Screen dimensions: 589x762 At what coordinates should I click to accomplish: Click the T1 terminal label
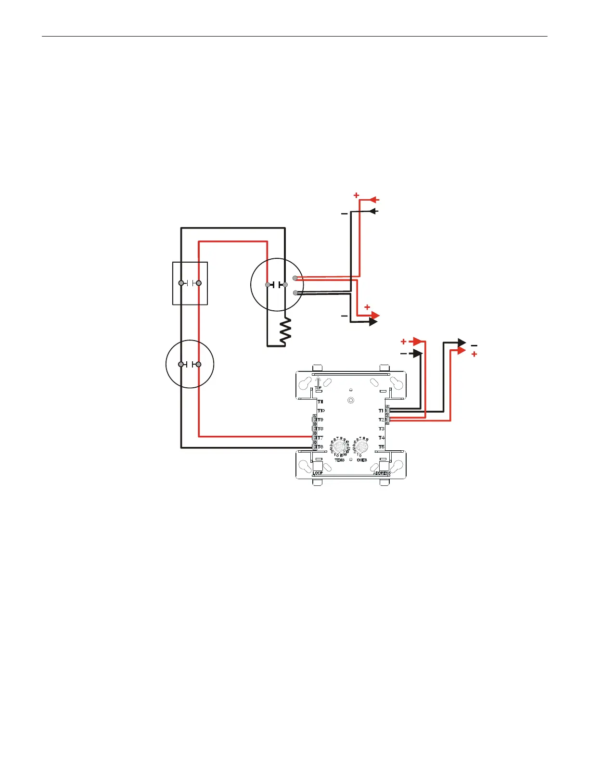click(x=381, y=411)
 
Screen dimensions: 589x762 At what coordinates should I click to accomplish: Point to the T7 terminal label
click(x=320, y=438)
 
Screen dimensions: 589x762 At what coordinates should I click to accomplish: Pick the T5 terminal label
click(x=381, y=447)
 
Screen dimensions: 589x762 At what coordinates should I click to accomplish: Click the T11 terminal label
click(x=320, y=401)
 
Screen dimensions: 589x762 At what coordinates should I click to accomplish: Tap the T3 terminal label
click(x=381, y=429)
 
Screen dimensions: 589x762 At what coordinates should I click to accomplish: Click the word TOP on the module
click(x=318, y=388)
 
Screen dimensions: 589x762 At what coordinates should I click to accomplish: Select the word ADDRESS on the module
click(x=382, y=473)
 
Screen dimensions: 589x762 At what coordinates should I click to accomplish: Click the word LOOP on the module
click(x=318, y=473)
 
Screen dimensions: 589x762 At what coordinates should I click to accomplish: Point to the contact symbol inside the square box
click(x=190, y=283)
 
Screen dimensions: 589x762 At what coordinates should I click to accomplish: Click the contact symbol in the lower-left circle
click(x=190, y=365)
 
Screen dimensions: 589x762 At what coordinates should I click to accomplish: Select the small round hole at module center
click(x=351, y=400)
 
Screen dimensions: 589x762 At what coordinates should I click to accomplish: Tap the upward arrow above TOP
click(x=318, y=381)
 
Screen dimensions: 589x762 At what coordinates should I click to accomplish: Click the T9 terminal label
click(x=320, y=420)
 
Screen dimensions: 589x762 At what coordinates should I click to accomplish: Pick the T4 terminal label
click(x=381, y=438)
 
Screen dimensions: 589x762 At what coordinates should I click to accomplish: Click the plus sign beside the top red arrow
click(x=356, y=195)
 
